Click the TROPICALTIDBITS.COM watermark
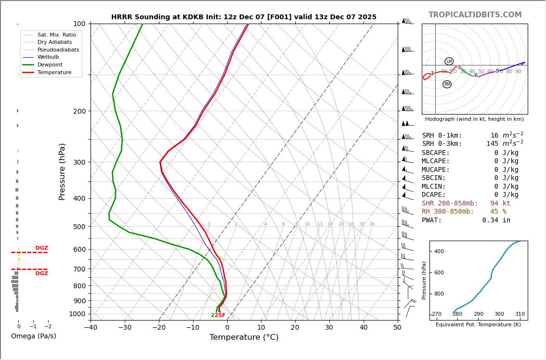pos(475,15)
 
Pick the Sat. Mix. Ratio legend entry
pos(56,35)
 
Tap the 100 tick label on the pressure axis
pos(79,24)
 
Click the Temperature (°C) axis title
pos(244,337)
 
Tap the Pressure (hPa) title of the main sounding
pos(62,171)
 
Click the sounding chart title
pos(244,17)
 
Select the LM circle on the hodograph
pos(449,62)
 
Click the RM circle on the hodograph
pos(447,84)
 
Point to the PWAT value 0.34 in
pos(496,220)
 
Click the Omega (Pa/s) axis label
pos(34,336)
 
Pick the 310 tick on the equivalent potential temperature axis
pos(520,314)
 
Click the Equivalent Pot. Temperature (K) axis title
pos(478,325)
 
